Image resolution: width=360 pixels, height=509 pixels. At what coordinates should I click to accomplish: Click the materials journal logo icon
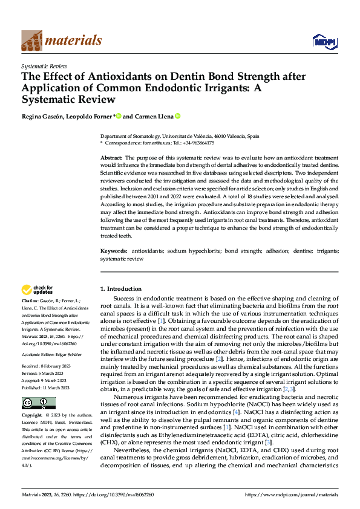pyautogui.click(x=31, y=41)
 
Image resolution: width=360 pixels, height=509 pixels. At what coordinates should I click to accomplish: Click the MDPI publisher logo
pyautogui.click(x=324, y=41)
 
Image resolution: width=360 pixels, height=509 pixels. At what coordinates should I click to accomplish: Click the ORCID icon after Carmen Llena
pyautogui.click(x=178, y=116)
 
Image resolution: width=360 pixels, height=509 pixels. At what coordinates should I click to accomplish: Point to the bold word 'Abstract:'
pyautogui.click(x=113, y=157)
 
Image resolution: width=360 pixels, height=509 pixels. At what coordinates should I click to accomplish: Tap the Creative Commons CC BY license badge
pyautogui.click(x=38, y=403)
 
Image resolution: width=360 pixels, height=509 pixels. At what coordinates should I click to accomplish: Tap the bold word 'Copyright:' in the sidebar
pyautogui.click(x=32, y=416)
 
